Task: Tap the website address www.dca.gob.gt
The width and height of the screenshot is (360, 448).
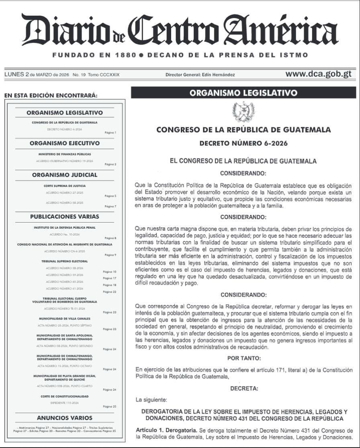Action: coord(318,74)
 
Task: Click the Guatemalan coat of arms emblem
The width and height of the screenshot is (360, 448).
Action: coord(243,111)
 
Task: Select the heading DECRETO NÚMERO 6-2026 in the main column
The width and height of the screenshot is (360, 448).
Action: coord(243,143)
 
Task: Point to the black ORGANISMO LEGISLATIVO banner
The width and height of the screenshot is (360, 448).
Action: coord(243,93)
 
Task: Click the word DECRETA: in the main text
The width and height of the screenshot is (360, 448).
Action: coord(244,389)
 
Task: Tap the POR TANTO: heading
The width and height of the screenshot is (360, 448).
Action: coord(243,358)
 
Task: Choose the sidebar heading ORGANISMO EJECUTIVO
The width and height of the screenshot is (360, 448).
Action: coord(65,143)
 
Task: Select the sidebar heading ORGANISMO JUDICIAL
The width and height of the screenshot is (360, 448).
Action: coord(65,175)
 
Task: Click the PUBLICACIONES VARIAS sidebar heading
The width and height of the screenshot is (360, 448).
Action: coord(65,217)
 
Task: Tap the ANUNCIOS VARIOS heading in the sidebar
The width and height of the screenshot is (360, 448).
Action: coord(65,417)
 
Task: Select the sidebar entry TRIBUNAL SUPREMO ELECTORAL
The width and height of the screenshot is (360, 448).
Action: coord(65,261)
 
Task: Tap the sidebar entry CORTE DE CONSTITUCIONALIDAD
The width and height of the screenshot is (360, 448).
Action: coord(65,396)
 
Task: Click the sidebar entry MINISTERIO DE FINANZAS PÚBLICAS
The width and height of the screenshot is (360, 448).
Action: coord(65,154)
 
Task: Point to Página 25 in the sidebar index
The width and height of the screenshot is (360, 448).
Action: coord(109,407)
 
